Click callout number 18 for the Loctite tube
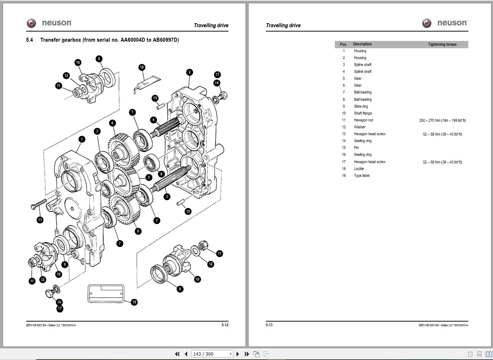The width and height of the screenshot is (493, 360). click(142, 67)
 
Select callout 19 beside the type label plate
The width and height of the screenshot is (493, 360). click(134, 302)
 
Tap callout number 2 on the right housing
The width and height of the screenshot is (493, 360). click(189, 72)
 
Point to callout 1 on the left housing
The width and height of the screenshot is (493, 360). click(82, 139)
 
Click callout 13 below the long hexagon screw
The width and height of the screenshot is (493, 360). click(40, 220)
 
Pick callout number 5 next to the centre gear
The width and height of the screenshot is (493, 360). click(149, 178)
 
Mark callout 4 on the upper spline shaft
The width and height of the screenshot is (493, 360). click(153, 120)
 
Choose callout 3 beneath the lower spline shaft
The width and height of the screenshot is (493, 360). click(167, 197)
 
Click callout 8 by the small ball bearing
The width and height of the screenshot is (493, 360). click(161, 174)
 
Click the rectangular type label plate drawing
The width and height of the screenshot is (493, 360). click(106, 294)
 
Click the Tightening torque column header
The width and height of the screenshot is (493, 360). click(442, 45)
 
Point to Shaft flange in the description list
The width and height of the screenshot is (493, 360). click(363, 113)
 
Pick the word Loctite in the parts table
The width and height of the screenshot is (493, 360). click(359, 169)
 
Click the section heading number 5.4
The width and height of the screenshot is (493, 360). click(29, 40)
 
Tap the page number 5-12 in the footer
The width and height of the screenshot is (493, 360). click(225, 325)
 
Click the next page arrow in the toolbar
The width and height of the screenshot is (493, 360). click(238, 354)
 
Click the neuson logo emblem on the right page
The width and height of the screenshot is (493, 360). click(427, 23)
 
